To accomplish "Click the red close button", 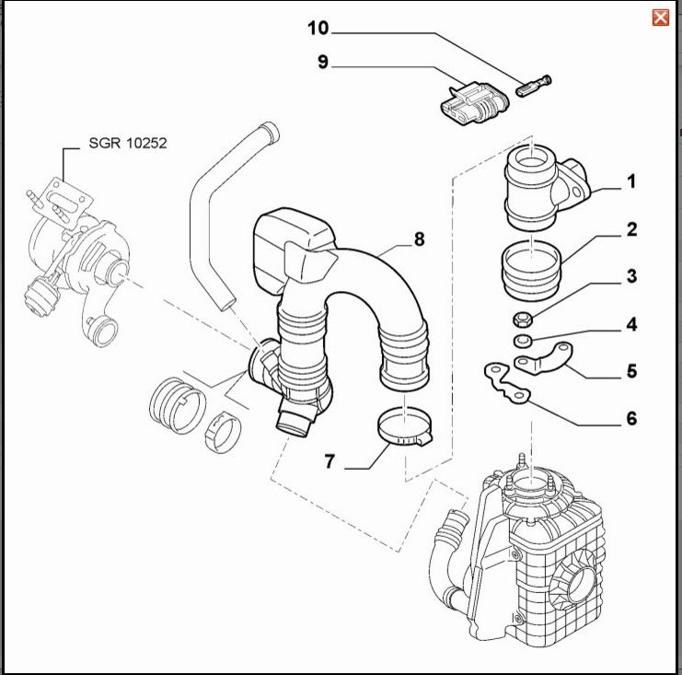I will click(x=660, y=17).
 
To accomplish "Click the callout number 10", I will click(x=318, y=29).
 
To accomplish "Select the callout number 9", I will click(x=322, y=63).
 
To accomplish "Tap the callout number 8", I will click(x=419, y=239).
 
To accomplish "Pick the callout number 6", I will click(x=631, y=419).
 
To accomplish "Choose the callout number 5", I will click(x=631, y=372).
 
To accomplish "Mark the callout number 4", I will click(x=631, y=324).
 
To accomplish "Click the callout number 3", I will click(x=631, y=276).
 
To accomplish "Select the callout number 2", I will click(x=631, y=229).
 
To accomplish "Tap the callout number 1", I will click(x=631, y=182).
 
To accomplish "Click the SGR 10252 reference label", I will click(x=127, y=144).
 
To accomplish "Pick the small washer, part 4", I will click(x=522, y=341).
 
